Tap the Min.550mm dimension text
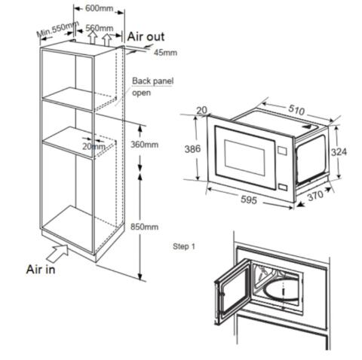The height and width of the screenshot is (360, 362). click(x=57, y=31)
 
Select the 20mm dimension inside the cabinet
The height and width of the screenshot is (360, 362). click(x=94, y=146)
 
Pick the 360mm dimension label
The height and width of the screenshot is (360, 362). click(x=146, y=144)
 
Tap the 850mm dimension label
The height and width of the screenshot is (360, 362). click(x=146, y=226)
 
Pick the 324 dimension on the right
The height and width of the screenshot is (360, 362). click(x=339, y=152)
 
